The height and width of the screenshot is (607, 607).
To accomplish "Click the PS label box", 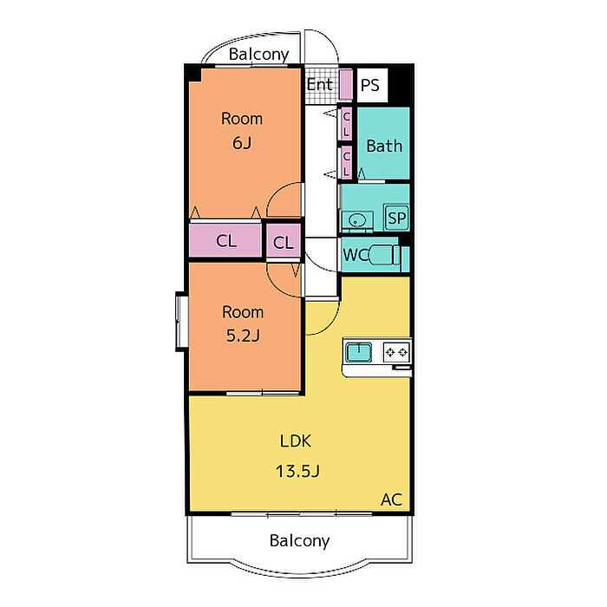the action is pyautogui.click(x=372, y=85).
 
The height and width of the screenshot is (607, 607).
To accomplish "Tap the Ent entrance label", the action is pyautogui.click(x=319, y=84).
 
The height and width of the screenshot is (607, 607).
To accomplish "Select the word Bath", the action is pyautogui.click(x=384, y=146).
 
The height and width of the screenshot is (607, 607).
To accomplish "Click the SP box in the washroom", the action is pyautogui.click(x=397, y=218).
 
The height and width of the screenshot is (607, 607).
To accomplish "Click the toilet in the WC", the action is pyautogui.click(x=384, y=255).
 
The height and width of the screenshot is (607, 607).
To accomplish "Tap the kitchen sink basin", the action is pyautogui.click(x=358, y=352).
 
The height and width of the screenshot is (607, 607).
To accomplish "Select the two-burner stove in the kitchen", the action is pyautogui.click(x=396, y=352).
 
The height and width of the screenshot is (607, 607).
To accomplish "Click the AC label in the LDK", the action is pyautogui.click(x=391, y=499).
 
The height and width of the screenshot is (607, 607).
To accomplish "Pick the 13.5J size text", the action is pyautogui.click(x=297, y=471).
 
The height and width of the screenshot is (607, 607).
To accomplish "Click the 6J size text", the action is pyautogui.click(x=242, y=143).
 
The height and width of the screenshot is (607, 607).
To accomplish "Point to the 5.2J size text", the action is pyautogui.click(x=243, y=336).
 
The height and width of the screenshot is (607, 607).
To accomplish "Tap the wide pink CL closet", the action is pyautogui.click(x=225, y=241).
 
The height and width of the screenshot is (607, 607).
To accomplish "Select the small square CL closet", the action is pyautogui.click(x=284, y=242).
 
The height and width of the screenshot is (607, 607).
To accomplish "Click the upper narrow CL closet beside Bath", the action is pyautogui.click(x=346, y=124).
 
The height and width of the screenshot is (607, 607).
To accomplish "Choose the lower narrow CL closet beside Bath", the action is pyautogui.click(x=346, y=163).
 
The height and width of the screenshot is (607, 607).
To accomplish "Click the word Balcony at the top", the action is pyautogui.click(x=258, y=55).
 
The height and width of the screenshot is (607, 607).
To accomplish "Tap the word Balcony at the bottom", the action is pyautogui.click(x=299, y=541).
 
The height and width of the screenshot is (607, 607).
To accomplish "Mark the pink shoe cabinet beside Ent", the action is pyautogui.click(x=346, y=84).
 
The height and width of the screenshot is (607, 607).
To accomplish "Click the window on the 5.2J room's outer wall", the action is pyautogui.click(x=181, y=322).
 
